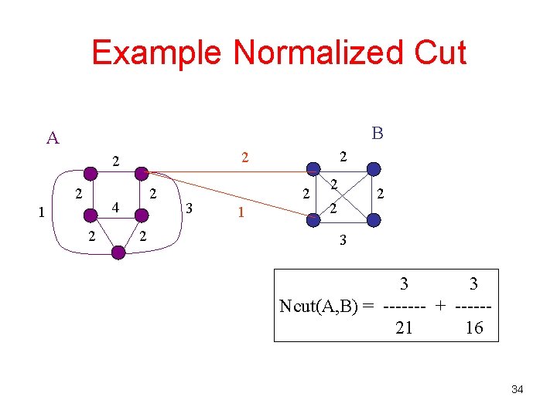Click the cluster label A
click(x=53, y=138)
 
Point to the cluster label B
click(x=377, y=134)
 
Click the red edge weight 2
click(x=244, y=158)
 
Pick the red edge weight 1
click(x=241, y=212)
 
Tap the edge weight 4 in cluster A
click(x=114, y=208)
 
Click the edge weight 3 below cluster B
click(x=343, y=241)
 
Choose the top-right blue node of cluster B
click(x=373, y=168)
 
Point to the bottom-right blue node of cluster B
click(x=374, y=220)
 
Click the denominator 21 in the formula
click(x=404, y=327)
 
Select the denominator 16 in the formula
click(x=473, y=327)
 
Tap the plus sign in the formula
click(x=440, y=307)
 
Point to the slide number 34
click(x=518, y=389)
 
